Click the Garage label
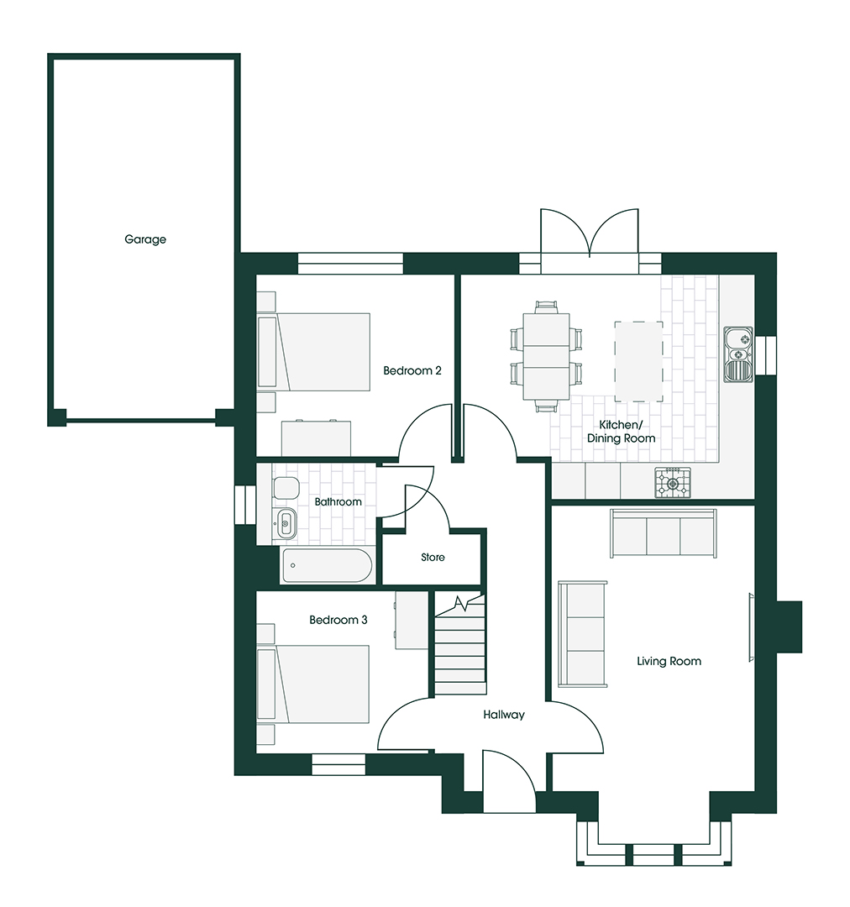pyautogui.click(x=145, y=239)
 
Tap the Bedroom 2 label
pyautogui.click(x=412, y=370)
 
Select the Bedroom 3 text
pyautogui.click(x=338, y=620)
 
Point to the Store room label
pyautogui.click(x=433, y=557)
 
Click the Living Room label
pyautogui.click(x=669, y=661)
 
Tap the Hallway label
pyautogui.click(x=504, y=715)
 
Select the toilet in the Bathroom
pyautogui.click(x=285, y=488)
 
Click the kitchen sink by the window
pyautogui.click(x=738, y=354)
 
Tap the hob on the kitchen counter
pyautogui.click(x=673, y=482)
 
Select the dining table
pyautogui.click(x=546, y=357)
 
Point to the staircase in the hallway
pyautogui.click(x=460, y=646)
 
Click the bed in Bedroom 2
pyautogui.click(x=324, y=352)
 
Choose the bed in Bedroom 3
pyautogui.click(x=324, y=684)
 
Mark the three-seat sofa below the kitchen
pyautogui.click(x=664, y=532)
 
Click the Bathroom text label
pyautogui.click(x=338, y=502)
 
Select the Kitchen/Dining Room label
pyautogui.click(x=622, y=432)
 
